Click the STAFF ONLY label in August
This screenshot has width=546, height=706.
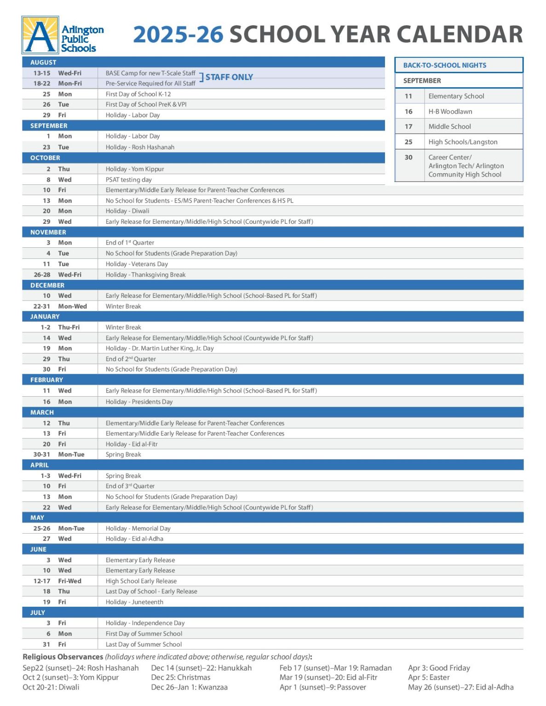click(x=229, y=77)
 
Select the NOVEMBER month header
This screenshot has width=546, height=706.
click(x=48, y=232)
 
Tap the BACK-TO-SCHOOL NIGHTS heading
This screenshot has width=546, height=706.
click(x=444, y=65)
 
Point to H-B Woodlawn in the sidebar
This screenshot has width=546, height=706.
click(x=450, y=111)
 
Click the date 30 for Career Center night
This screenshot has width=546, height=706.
click(x=408, y=157)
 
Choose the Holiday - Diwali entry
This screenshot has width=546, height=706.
click(x=127, y=211)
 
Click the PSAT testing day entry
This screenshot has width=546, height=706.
click(x=128, y=180)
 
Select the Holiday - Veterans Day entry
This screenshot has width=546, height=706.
click(x=137, y=264)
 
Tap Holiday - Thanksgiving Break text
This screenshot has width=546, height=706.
click(x=145, y=275)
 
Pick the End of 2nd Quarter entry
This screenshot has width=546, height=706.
click(x=131, y=359)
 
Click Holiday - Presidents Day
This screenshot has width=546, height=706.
click(x=139, y=402)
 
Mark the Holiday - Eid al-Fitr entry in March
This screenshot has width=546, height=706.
click(x=132, y=444)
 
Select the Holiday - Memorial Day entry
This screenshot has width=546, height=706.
click(x=138, y=529)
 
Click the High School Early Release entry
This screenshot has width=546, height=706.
click(x=141, y=581)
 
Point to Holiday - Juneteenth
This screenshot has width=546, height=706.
click(x=134, y=602)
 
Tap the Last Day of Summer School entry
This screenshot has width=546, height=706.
click(x=144, y=644)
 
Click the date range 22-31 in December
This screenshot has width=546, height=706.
click(x=41, y=306)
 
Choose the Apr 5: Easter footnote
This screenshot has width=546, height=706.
click(x=429, y=678)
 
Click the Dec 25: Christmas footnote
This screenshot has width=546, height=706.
click(x=180, y=678)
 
